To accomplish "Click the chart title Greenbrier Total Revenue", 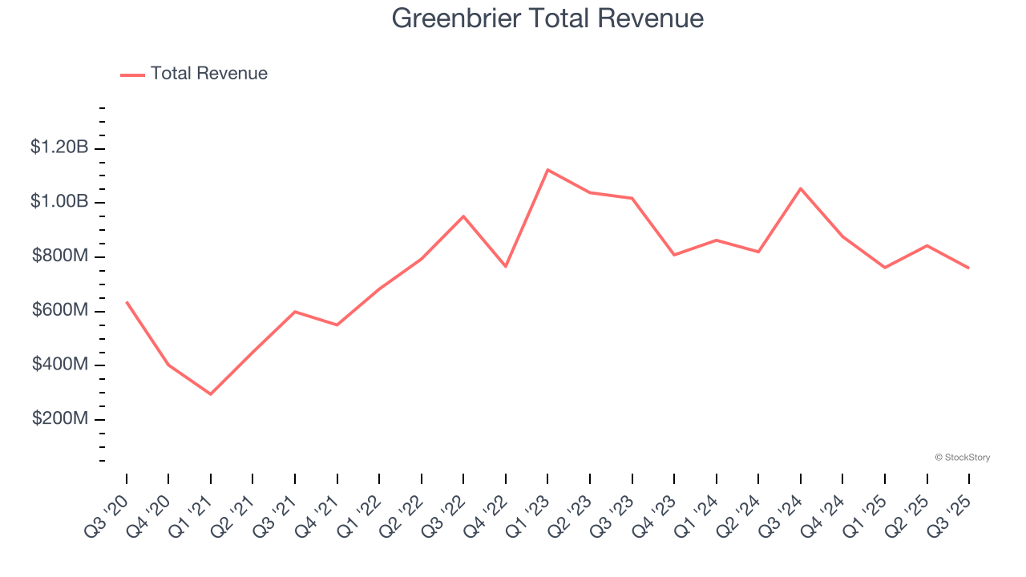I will tap(547, 18).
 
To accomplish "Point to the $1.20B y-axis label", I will tap(59, 147).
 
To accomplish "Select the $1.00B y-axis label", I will tap(59, 202).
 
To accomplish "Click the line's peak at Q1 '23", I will tap(547, 170).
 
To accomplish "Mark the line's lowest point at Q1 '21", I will tap(211, 394).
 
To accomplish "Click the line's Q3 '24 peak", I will tap(801, 188).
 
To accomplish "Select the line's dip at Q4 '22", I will tap(506, 266).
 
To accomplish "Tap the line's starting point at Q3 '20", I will tap(127, 302).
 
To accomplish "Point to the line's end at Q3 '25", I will tap(968, 268).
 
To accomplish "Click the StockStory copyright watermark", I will tap(962, 458).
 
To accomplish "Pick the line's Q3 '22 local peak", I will tap(463, 216).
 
